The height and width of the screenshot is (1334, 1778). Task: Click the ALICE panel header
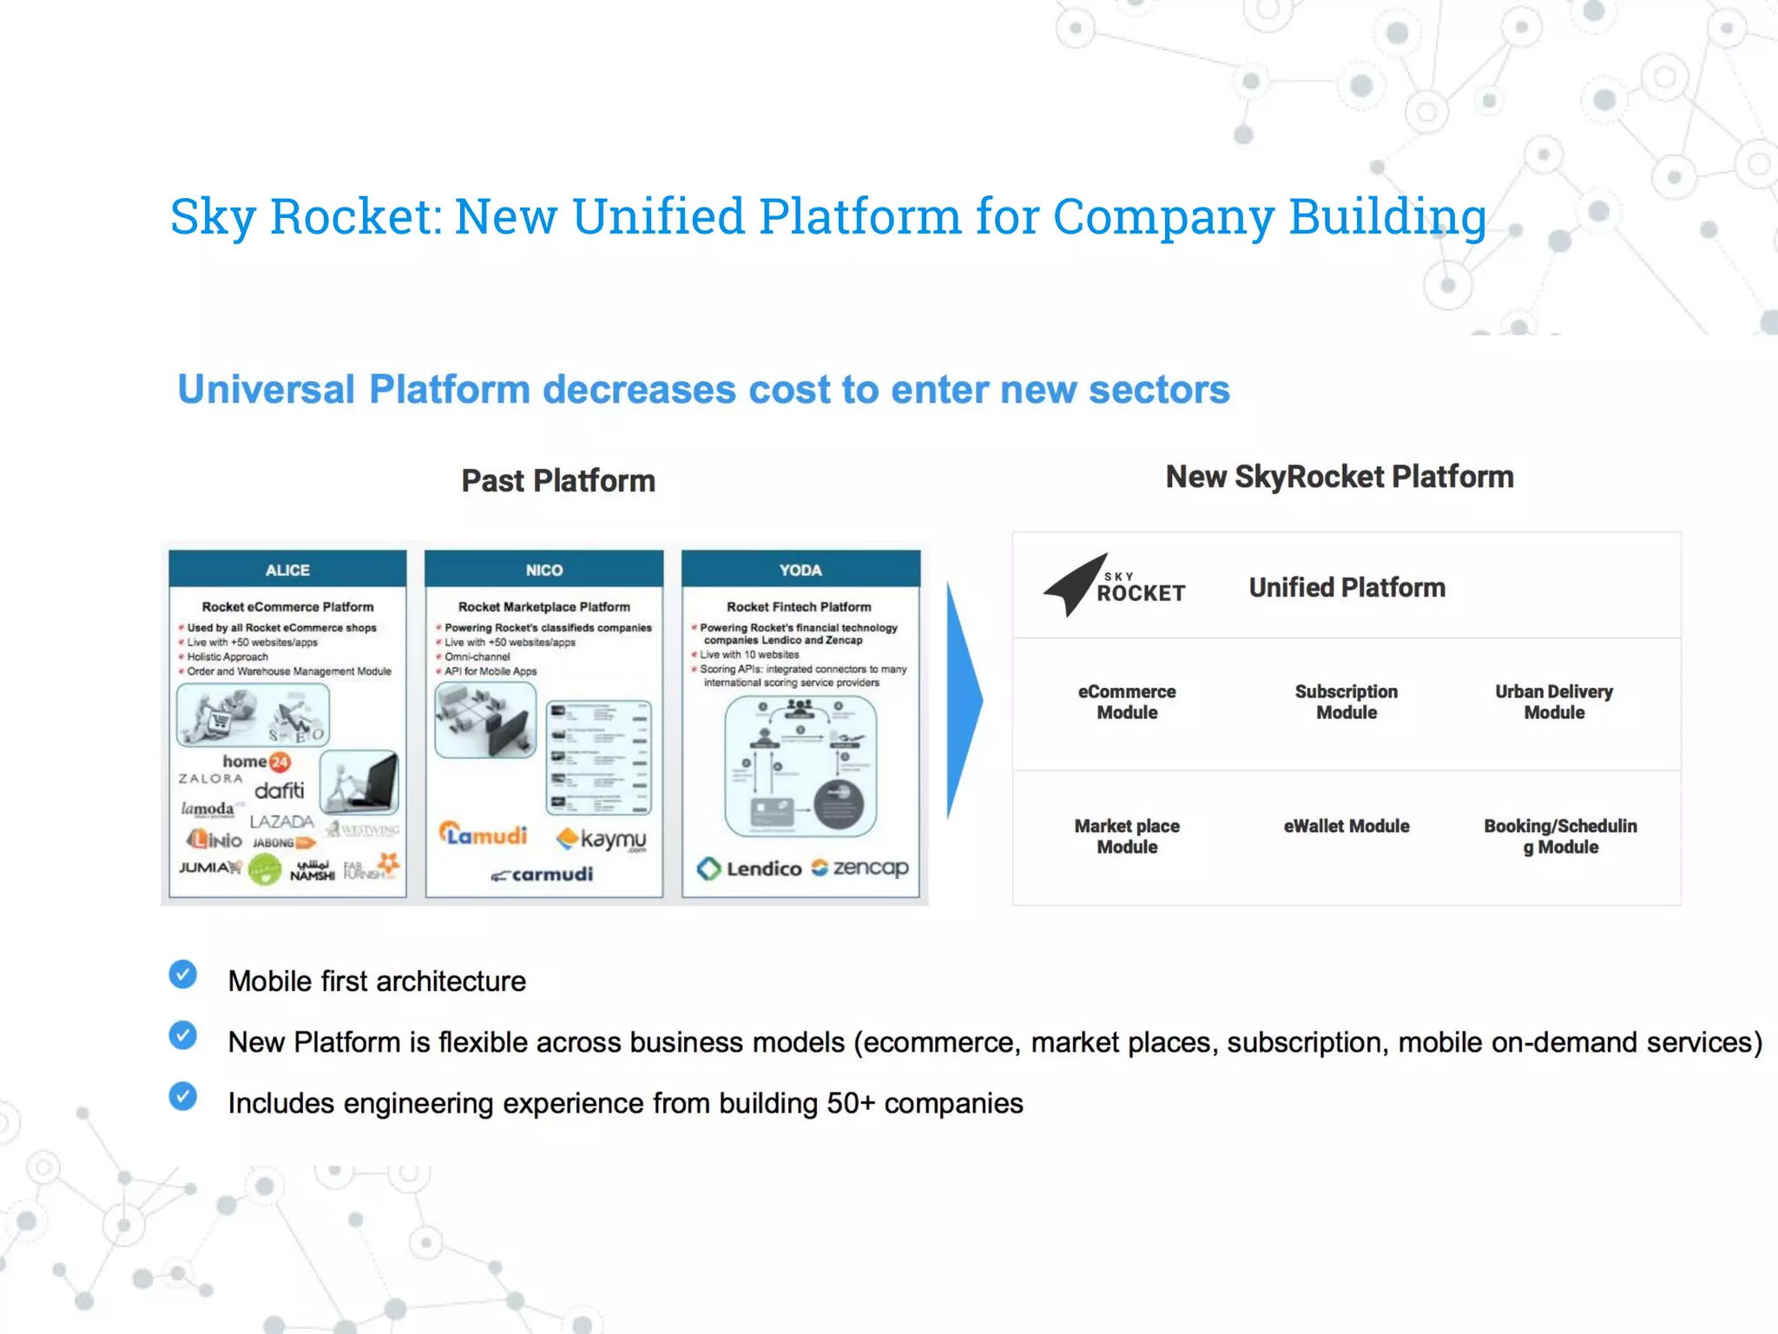[x=287, y=570]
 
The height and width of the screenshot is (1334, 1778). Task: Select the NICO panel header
[x=543, y=570]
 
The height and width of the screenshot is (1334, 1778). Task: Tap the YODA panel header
[x=800, y=570]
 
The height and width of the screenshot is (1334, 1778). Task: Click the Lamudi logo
[x=483, y=835]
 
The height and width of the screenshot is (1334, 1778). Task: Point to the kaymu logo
[x=603, y=839]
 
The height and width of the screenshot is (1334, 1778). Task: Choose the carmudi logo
[x=543, y=875]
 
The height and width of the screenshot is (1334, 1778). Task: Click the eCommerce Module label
[x=1127, y=702]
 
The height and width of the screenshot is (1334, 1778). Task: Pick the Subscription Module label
[x=1346, y=702]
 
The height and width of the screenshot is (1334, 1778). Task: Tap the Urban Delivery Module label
[x=1554, y=702]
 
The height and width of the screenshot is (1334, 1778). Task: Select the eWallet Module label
[x=1346, y=826]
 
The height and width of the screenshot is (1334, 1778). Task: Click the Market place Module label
[x=1127, y=836]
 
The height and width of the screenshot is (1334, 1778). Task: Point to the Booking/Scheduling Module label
[x=1560, y=836]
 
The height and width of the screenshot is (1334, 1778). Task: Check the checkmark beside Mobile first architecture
[x=183, y=974]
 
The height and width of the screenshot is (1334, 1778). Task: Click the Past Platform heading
[x=558, y=480]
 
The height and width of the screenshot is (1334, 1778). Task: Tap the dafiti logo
[x=280, y=790]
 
